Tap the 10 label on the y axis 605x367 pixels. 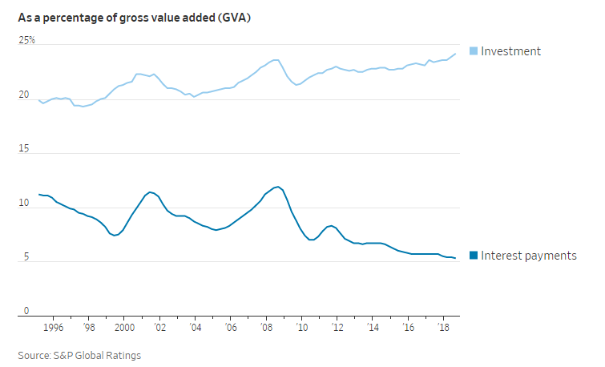tap(24, 204)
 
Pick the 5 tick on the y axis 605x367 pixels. tap(26, 257)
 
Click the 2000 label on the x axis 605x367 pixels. tap(123, 328)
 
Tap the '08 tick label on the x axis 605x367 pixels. tap(264, 328)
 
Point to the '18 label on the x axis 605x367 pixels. tap(441, 328)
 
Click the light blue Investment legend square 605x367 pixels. tap(473, 51)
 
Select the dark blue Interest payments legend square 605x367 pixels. tap(473, 256)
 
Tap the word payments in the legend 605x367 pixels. tap(550, 256)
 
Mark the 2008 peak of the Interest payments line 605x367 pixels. tap(277, 187)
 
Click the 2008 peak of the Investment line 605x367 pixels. tap(276, 59)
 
